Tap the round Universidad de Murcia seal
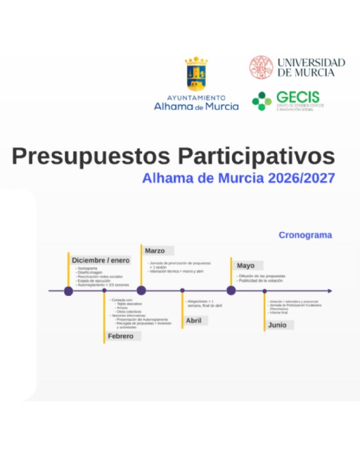261,67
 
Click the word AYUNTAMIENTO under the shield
196,98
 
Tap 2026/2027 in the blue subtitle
300,178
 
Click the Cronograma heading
304,236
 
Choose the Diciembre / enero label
101,260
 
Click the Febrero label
120,336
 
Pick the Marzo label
155,250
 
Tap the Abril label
193,321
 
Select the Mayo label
245,265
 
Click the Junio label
277,325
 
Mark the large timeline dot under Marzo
141,290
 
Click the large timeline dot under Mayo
231,290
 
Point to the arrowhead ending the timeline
330,290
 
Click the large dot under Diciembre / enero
68,290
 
